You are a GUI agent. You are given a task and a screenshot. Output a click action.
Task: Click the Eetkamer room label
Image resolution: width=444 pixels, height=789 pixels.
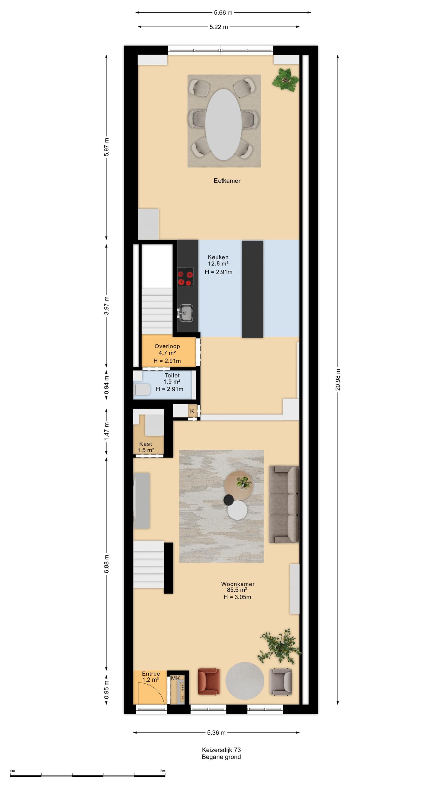[x=227, y=181]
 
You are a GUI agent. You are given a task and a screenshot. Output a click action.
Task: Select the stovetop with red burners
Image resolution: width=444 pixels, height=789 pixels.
[x=185, y=277]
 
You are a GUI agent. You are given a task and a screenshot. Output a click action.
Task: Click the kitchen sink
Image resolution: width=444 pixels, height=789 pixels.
[x=186, y=313]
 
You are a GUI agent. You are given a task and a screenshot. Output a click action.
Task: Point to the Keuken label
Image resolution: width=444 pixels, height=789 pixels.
[x=218, y=257]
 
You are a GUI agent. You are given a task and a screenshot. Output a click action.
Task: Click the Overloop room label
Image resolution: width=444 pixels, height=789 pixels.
[x=167, y=346]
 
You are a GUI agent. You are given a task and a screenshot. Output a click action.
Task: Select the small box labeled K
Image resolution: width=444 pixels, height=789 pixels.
[x=192, y=411]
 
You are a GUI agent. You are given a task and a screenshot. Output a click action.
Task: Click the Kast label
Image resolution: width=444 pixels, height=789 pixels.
[x=145, y=444]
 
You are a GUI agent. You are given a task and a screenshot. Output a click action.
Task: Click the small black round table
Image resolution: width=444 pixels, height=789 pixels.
[x=229, y=500]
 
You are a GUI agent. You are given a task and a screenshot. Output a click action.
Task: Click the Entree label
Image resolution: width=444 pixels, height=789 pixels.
[x=151, y=674]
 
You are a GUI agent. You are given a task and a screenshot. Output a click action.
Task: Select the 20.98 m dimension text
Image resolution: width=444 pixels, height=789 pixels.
[x=338, y=380]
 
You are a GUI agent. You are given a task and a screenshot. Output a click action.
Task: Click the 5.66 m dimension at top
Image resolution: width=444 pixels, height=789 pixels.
[x=223, y=13]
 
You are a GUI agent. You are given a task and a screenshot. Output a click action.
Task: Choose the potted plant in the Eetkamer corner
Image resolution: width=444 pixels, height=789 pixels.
[x=285, y=79]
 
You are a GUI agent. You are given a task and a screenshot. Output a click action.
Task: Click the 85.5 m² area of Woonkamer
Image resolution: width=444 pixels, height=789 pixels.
[x=237, y=590]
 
